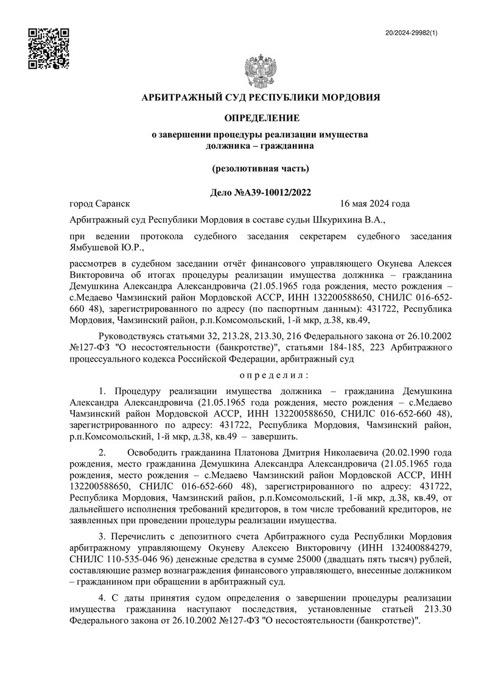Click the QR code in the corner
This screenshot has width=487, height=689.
click(49, 48)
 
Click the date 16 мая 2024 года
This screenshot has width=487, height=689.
click(375, 204)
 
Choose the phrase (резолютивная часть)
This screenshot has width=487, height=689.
click(261, 168)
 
